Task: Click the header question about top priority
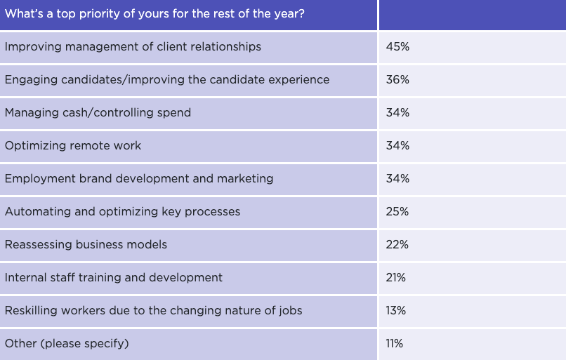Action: [x=154, y=14]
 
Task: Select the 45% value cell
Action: [x=397, y=47]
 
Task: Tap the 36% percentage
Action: [x=397, y=80]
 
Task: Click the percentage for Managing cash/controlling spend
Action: [x=397, y=113]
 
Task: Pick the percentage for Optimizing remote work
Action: [x=397, y=146]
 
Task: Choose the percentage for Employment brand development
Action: [x=397, y=179]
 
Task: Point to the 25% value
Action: [x=397, y=212]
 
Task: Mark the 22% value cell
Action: [x=397, y=245]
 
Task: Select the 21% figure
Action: [x=396, y=278]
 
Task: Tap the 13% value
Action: [x=396, y=311]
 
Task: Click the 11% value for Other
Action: [x=395, y=344]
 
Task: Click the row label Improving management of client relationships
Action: [x=133, y=47]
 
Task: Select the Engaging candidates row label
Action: [x=167, y=80]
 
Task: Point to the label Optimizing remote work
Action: [x=73, y=146]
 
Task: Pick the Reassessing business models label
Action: [x=86, y=245]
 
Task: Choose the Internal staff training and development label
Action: [x=114, y=278]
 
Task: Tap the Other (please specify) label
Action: [x=67, y=344]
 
